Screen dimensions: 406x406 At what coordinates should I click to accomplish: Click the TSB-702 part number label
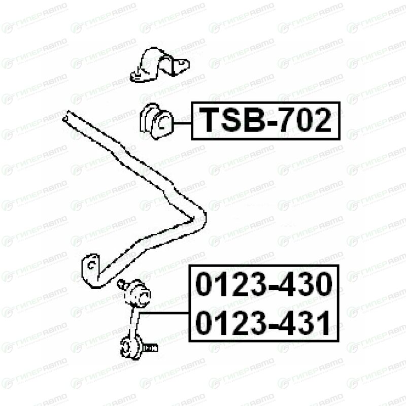[x=265, y=121]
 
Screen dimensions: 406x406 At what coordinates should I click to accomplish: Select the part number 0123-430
[x=264, y=284]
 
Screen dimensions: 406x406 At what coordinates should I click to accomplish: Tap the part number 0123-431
[x=263, y=323]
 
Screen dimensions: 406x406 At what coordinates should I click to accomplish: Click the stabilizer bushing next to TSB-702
[x=157, y=121]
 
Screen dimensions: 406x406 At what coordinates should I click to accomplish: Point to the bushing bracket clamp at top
[x=160, y=65]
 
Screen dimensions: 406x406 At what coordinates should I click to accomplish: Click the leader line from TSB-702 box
[x=183, y=123]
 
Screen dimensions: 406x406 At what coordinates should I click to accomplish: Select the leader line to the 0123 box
[x=164, y=313]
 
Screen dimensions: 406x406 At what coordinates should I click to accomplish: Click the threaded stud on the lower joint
[x=150, y=348]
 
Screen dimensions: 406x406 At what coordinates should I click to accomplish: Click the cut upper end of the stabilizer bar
[x=66, y=116]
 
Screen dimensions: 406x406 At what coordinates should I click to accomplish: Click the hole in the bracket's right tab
[x=181, y=62]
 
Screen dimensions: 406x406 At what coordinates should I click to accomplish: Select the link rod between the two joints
[x=134, y=321]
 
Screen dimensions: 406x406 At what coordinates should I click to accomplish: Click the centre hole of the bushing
[x=162, y=123]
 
